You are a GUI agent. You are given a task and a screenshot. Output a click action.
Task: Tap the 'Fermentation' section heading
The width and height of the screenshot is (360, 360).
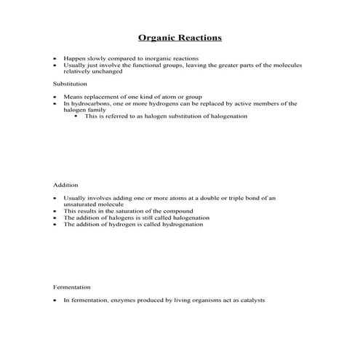(x=72, y=287)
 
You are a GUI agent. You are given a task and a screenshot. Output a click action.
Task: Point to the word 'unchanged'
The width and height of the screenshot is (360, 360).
(x=108, y=71)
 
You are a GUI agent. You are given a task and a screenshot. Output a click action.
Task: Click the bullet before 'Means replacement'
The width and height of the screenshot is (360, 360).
(x=55, y=97)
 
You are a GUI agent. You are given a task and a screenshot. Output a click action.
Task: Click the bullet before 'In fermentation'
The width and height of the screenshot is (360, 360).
(x=55, y=300)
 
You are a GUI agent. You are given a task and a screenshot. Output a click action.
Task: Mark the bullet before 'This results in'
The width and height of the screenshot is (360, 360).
(x=55, y=212)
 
